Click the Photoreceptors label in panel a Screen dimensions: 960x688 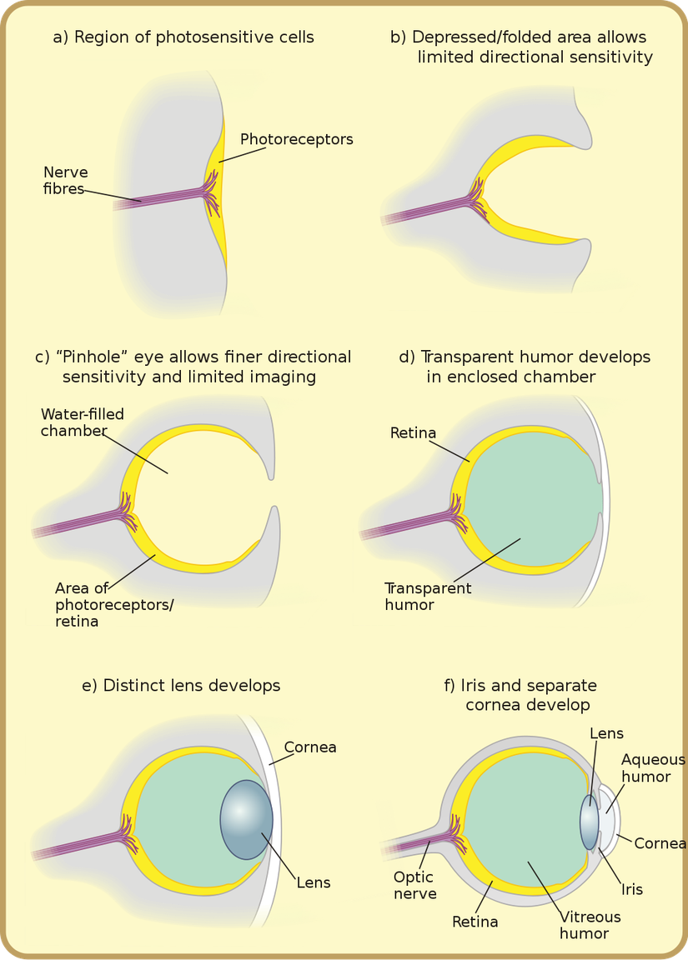[x=296, y=139]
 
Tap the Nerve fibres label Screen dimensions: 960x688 [x=65, y=181]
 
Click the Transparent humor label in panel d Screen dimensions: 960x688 [x=428, y=597]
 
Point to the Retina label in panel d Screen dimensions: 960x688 [x=413, y=433]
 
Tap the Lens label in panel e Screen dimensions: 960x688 [x=314, y=882]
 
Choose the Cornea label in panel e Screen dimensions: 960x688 [x=310, y=747]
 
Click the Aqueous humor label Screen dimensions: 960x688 [x=652, y=768]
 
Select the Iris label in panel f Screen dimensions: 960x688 [x=632, y=889]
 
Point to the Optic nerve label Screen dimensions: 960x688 [x=414, y=885]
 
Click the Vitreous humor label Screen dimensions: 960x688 [x=590, y=925]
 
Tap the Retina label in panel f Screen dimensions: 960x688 [x=475, y=922]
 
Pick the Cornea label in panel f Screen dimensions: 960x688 [x=660, y=843]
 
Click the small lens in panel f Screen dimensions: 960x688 [x=589, y=820]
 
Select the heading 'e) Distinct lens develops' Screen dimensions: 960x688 [x=181, y=686]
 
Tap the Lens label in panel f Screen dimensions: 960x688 [x=606, y=733]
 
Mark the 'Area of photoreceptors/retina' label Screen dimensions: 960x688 [x=113, y=604]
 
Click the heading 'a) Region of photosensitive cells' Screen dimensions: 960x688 [x=183, y=37]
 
